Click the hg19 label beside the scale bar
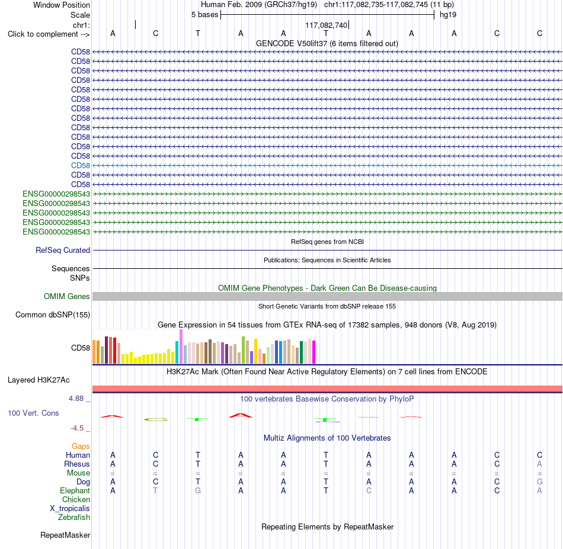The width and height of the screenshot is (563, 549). [448, 15]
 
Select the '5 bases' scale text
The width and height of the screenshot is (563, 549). [204, 15]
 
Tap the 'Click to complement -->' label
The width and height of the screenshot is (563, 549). [49, 34]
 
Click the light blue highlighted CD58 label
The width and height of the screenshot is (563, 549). [81, 165]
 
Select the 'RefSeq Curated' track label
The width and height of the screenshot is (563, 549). [63, 250]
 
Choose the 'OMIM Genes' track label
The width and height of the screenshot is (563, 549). [67, 296]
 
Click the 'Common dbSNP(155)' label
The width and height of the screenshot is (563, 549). [53, 314]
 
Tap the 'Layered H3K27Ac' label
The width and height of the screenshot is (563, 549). [39, 380]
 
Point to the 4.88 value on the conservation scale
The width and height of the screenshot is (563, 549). [76, 399]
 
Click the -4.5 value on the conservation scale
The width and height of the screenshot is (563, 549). [77, 428]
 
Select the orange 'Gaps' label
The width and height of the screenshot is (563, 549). [81, 446]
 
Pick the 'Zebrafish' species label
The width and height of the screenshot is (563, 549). [74, 517]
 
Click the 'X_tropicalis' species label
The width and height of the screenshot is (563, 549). [70, 509]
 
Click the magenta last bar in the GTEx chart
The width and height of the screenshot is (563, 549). [314, 352]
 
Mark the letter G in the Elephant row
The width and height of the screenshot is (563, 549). [198, 490]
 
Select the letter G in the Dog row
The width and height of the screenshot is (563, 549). [540, 481]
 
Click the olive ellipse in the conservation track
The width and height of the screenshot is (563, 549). [156, 419]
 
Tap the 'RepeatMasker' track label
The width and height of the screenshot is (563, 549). [65, 535]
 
